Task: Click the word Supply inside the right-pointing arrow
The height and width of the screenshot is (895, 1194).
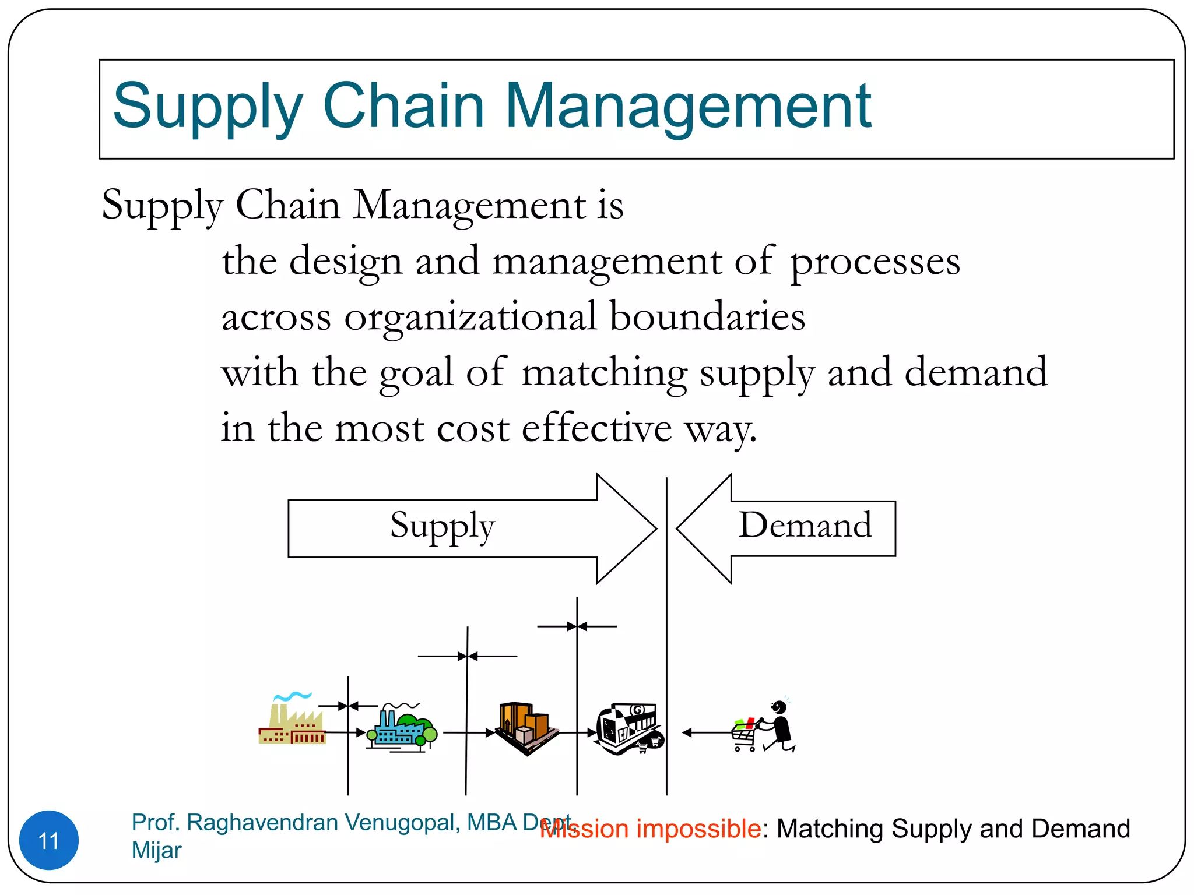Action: tap(442, 526)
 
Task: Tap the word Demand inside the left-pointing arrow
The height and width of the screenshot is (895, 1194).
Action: tap(805, 525)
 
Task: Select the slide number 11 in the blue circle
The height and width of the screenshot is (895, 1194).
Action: tap(49, 841)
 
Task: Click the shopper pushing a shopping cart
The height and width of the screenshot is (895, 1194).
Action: tap(765, 728)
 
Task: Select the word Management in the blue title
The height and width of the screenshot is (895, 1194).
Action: tap(687, 106)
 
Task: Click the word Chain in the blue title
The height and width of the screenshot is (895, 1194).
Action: tap(403, 106)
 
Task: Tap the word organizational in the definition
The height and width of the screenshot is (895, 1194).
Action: tap(470, 318)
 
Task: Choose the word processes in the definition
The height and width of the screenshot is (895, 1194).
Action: tap(875, 262)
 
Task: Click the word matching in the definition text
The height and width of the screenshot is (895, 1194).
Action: tap(604, 373)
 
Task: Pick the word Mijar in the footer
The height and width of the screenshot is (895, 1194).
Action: tap(156, 850)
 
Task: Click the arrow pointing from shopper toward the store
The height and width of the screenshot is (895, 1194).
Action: tap(705, 732)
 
